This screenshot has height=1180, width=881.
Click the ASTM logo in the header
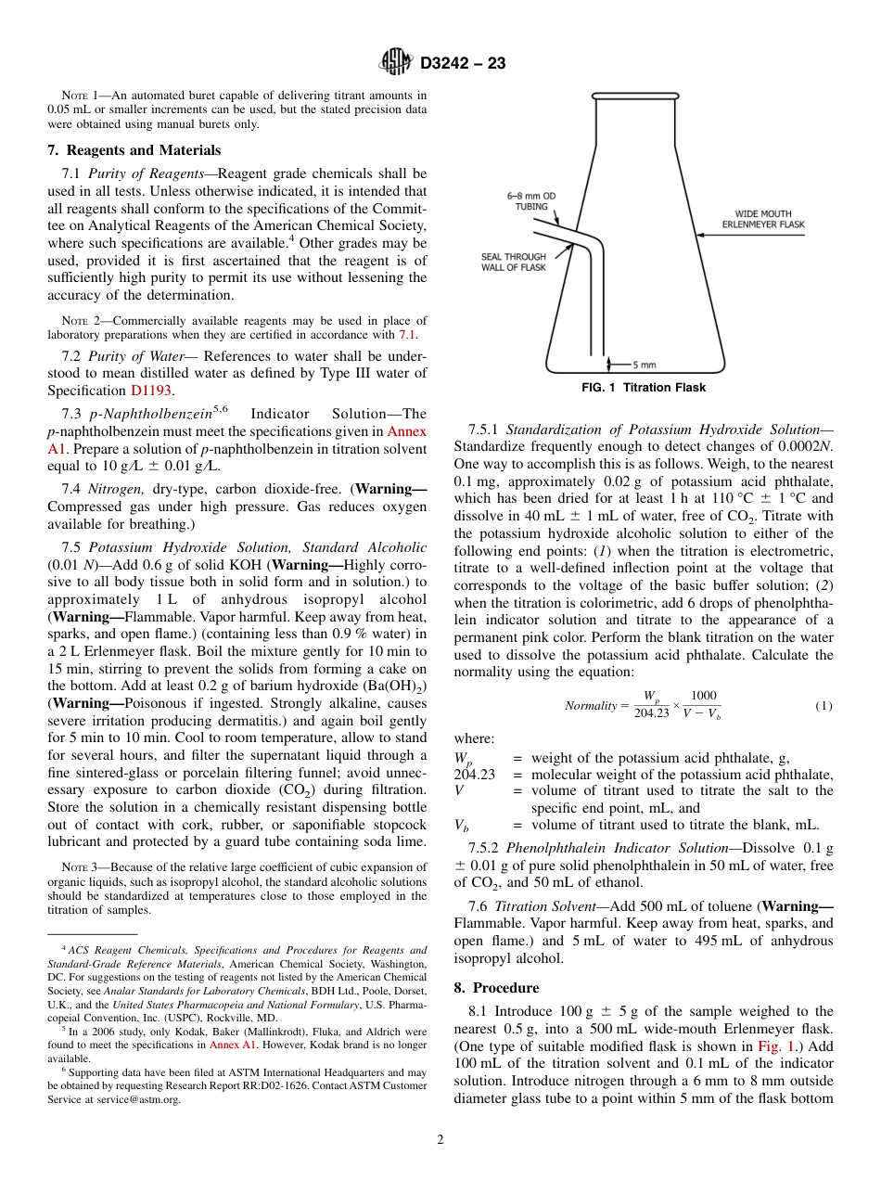point(396,63)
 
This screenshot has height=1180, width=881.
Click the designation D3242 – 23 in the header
point(463,64)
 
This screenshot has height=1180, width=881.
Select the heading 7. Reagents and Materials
point(134,150)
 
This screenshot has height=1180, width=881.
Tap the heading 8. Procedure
point(496,988)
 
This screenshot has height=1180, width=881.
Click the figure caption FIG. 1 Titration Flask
point(643,388)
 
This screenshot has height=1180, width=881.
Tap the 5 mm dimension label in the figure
point(644,365)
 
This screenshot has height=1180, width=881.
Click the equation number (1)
point(824,706)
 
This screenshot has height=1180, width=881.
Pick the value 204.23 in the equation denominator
point(651,713)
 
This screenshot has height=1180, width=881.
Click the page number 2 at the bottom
point(440,1140)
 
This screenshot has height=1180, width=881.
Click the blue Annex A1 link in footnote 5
point(232,1045)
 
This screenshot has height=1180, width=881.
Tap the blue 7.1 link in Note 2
point(408,334)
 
